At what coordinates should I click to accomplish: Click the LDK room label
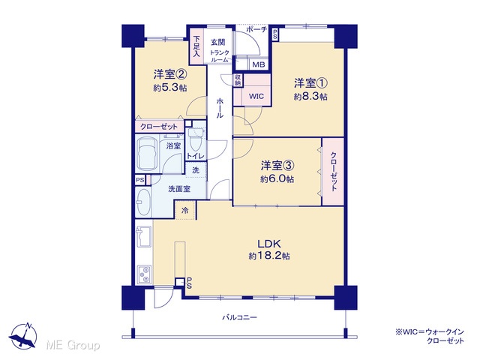[269, 244]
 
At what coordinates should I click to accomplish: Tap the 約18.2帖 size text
[269, 256]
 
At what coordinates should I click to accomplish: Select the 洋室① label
[310, 83]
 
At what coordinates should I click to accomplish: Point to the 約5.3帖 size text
[170, 88]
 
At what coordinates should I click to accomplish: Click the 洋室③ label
[277, 166]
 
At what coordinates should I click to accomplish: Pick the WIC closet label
[256, 97]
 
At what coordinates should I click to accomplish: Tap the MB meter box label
[258, 65]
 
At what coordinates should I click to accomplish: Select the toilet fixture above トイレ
[195, 140]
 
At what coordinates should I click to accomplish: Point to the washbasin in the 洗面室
[143, 202]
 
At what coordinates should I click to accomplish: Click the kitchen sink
[143, 237]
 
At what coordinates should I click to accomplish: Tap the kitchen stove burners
[144, 274]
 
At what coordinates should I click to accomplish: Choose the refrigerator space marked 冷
[185, 211]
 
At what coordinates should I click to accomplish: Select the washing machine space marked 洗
[196, 170]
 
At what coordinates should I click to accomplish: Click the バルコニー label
[239, 317]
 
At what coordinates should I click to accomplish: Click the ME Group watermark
[73, 345]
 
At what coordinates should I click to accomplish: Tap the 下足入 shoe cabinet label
[196, 46]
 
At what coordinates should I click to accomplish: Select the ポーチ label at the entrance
[256, 30]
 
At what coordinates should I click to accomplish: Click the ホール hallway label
[220, 108]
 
